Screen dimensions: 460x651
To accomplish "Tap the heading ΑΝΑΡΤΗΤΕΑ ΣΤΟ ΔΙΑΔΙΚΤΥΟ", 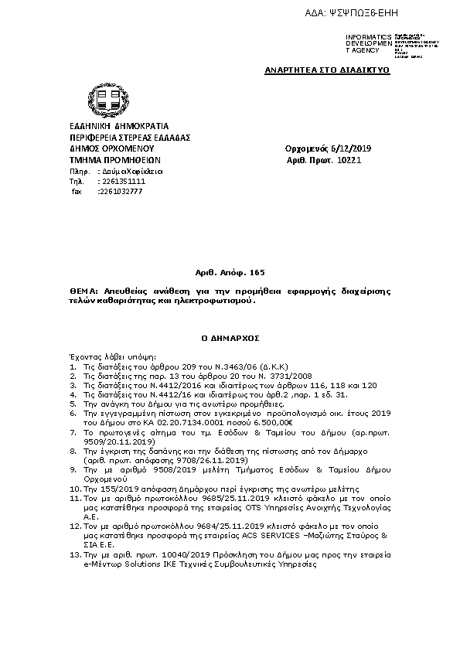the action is point(327,70).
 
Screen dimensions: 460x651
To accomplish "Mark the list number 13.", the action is point(73,556).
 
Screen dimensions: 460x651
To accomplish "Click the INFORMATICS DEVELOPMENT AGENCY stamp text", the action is point(363,43).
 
